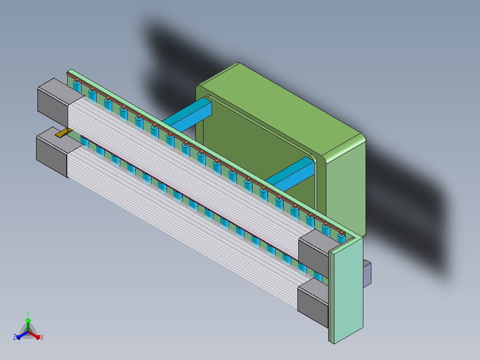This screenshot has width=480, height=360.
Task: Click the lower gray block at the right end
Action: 313,302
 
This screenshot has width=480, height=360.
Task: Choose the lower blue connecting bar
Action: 291,173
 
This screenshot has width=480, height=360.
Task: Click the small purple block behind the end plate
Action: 367,274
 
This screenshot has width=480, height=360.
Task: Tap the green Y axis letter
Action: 28,314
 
